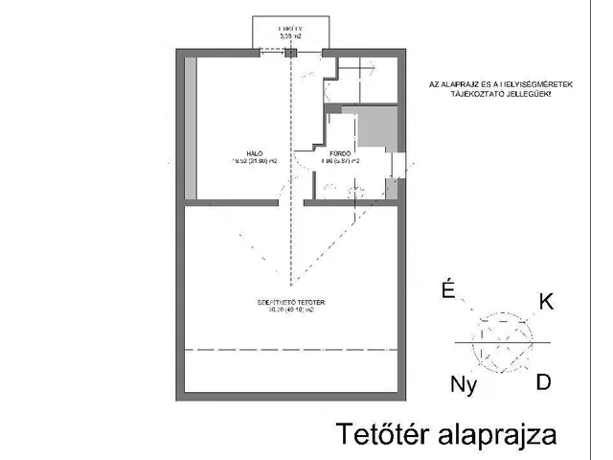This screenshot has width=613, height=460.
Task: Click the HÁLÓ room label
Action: point(255,152)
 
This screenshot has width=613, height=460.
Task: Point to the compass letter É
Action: point(446,290)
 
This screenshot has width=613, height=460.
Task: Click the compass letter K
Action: point(547,302)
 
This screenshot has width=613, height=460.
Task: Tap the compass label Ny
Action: point(463,385)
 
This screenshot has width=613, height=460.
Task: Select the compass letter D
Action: point(543,381)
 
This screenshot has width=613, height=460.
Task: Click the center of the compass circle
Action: point(504,341)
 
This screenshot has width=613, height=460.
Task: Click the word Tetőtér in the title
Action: point(378,434)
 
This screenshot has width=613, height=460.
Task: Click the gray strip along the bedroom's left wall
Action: point(191,128)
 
